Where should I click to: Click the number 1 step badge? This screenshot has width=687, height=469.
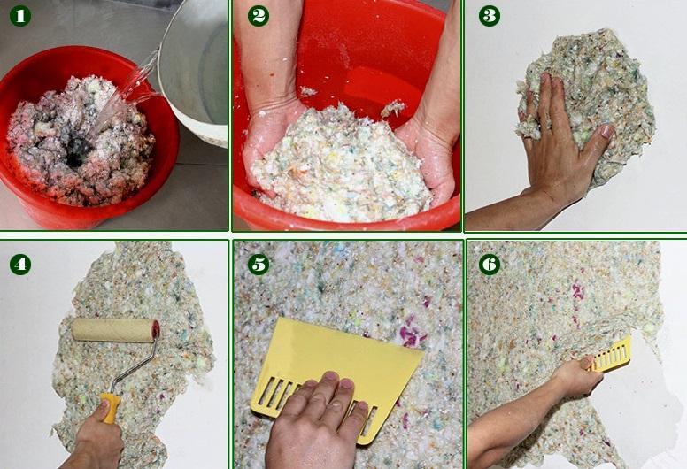tap(20, 16)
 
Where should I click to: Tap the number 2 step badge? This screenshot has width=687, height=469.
tap(259, 16)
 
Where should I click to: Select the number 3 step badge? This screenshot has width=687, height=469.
tap(490, 16)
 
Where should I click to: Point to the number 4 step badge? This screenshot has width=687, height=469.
tap(20, 264)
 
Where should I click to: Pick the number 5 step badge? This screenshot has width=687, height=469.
tap(259, 264)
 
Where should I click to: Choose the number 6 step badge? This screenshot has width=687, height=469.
tap(490, 264)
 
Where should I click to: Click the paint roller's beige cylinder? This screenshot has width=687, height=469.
tap(115, 330)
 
